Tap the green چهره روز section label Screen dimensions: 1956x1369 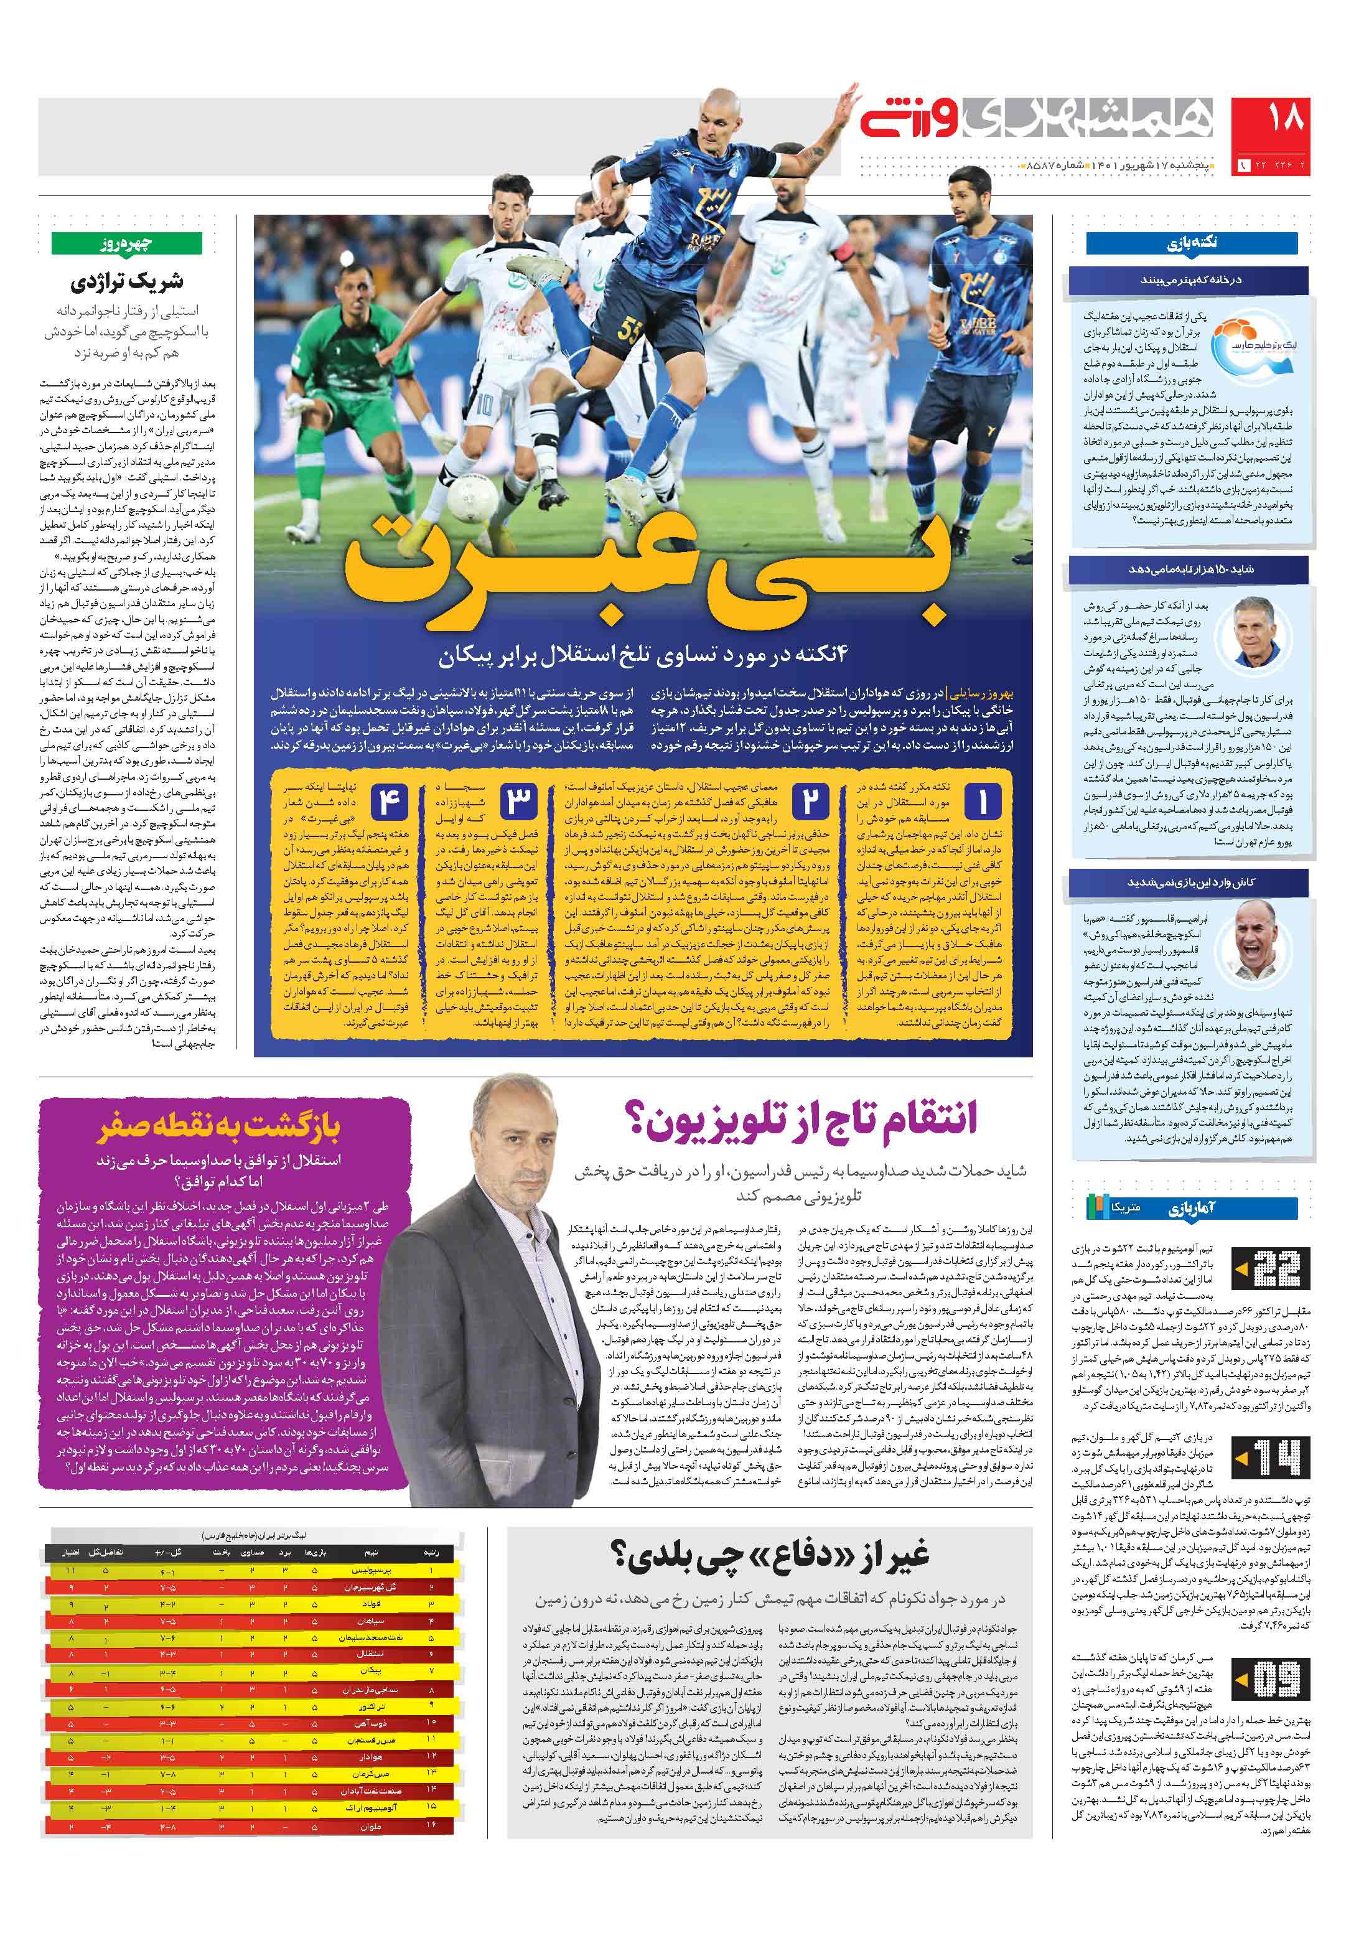click(127, 243)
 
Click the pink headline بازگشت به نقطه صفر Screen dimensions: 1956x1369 click(220, 1127)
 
